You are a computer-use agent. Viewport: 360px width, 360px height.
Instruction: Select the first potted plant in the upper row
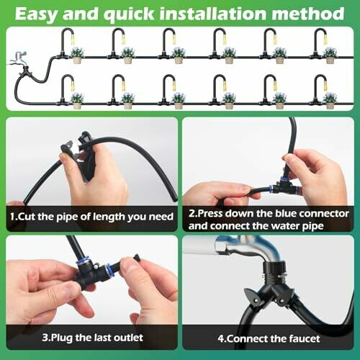[x=77, y=55]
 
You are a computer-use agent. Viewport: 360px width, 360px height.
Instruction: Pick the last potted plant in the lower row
[x=330, y=101]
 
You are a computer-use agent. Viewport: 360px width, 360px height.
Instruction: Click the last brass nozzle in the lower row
[x=325, y=86]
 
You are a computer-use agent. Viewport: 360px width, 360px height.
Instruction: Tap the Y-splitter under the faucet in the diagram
[x=24, y=72]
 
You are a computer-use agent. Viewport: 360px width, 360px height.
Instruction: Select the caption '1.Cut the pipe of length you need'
[x=91, y=217]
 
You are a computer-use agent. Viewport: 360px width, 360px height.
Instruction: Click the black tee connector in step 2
[x=284, y=185]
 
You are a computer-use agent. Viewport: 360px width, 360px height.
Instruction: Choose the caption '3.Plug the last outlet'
[x=92, y=338]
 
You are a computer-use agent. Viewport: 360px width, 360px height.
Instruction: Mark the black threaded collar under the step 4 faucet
[x=274, y=274]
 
